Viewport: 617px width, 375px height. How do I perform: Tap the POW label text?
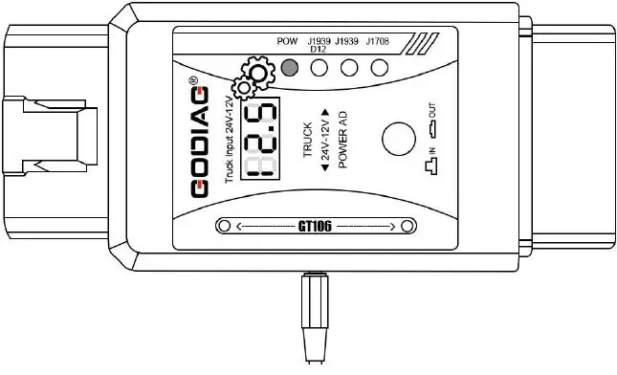[x=286, y=42]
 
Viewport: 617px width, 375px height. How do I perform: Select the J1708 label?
[x=378, y=42]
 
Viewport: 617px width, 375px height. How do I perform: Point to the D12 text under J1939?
[x=319, y=50]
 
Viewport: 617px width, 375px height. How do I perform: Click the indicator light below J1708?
[x=380, y=68]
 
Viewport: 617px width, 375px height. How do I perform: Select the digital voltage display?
[x=261, y=140]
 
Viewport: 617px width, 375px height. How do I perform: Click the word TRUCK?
[x=308, y=140]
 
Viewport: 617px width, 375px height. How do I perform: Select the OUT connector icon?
[x=432, y=125]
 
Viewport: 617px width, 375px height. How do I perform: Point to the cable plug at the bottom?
[x=316, y=316]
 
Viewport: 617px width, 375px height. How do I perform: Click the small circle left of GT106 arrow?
[x=224, y=227]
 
